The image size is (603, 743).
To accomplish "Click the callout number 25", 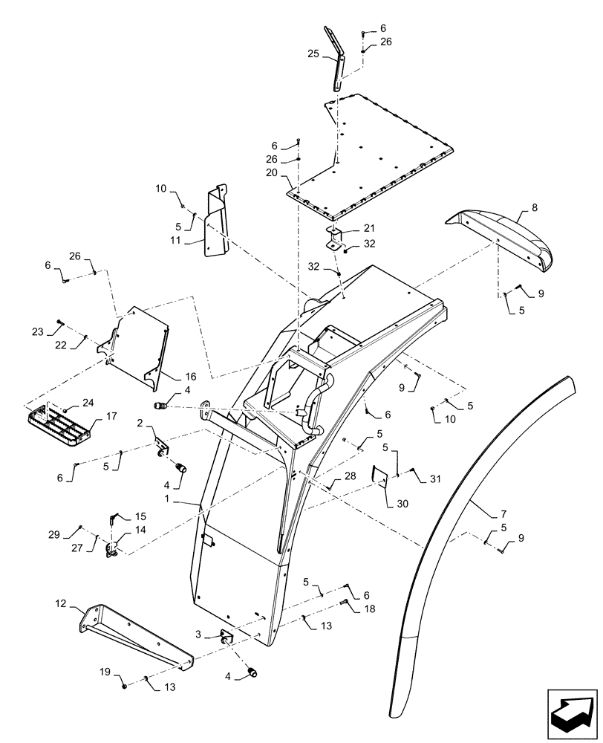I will point(313,53).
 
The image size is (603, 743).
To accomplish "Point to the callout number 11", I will point(177,240).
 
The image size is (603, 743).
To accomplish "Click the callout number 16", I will point(170,377).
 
